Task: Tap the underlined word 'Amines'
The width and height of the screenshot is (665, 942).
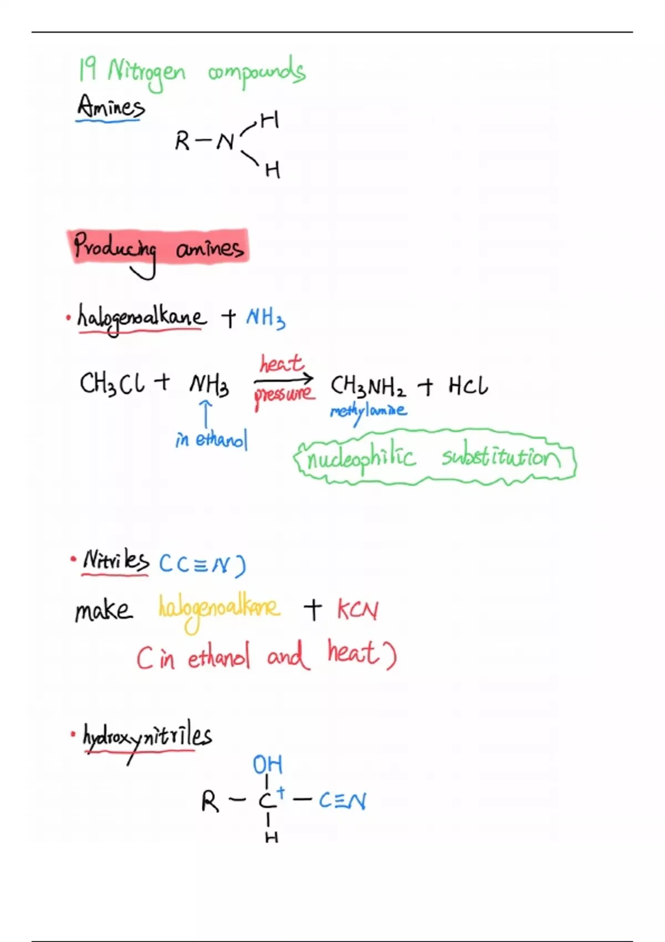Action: [110, 106]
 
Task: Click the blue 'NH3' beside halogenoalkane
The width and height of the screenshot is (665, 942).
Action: [265, 318]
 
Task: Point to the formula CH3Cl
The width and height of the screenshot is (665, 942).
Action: [112, 383]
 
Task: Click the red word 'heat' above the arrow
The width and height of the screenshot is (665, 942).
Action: [282, 364]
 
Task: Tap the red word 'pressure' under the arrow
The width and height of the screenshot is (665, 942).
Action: [284, 395]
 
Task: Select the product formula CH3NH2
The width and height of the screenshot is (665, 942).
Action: [368, 386]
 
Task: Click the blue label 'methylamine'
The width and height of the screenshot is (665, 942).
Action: [368, 411]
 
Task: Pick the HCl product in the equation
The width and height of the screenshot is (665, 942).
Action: [468, 386]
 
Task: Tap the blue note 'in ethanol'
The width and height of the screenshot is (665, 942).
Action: [211, 440]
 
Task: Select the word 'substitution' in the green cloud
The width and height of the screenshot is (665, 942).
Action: [501, 457]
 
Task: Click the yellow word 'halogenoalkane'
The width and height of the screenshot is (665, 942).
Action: [219, 609]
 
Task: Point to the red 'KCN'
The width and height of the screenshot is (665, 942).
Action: [358, 610]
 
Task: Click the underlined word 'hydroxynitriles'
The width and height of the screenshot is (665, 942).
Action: [147, 737]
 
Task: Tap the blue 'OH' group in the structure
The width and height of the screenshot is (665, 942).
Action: [268, 765]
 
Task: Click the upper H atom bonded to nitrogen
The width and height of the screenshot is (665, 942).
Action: [269, 120]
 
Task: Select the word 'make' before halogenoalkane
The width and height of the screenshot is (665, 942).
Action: [104, 611]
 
